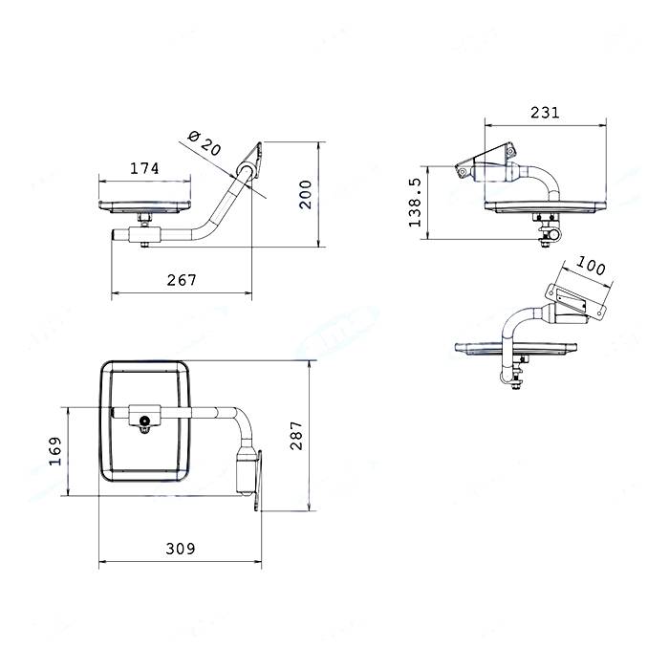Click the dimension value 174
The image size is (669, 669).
coord(144,168)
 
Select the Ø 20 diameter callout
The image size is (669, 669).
coord(205,143)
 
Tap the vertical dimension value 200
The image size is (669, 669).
coord(306,195)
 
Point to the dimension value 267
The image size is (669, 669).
coord(182,280)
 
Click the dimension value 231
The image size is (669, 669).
coord(545,113)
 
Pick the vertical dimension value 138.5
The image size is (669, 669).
coord(415,203)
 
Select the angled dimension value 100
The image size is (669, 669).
coord(591,266)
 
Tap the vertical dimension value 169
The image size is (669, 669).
coord(55,451)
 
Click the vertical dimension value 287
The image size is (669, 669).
coord(296,436)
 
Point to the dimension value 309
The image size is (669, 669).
coord(181,549)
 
